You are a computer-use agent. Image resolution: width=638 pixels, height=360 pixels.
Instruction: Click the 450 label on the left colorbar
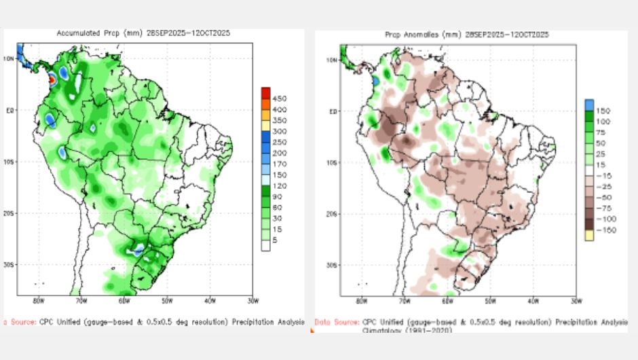(279, 98)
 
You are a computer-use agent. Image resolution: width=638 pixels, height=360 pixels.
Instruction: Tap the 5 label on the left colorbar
(275, 240)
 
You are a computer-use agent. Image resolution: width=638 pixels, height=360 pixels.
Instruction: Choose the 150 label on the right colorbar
(602, 109)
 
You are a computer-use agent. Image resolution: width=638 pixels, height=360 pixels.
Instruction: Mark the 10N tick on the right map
(332, 60)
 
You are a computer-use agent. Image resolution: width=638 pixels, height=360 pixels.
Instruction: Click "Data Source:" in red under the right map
(336, 321)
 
